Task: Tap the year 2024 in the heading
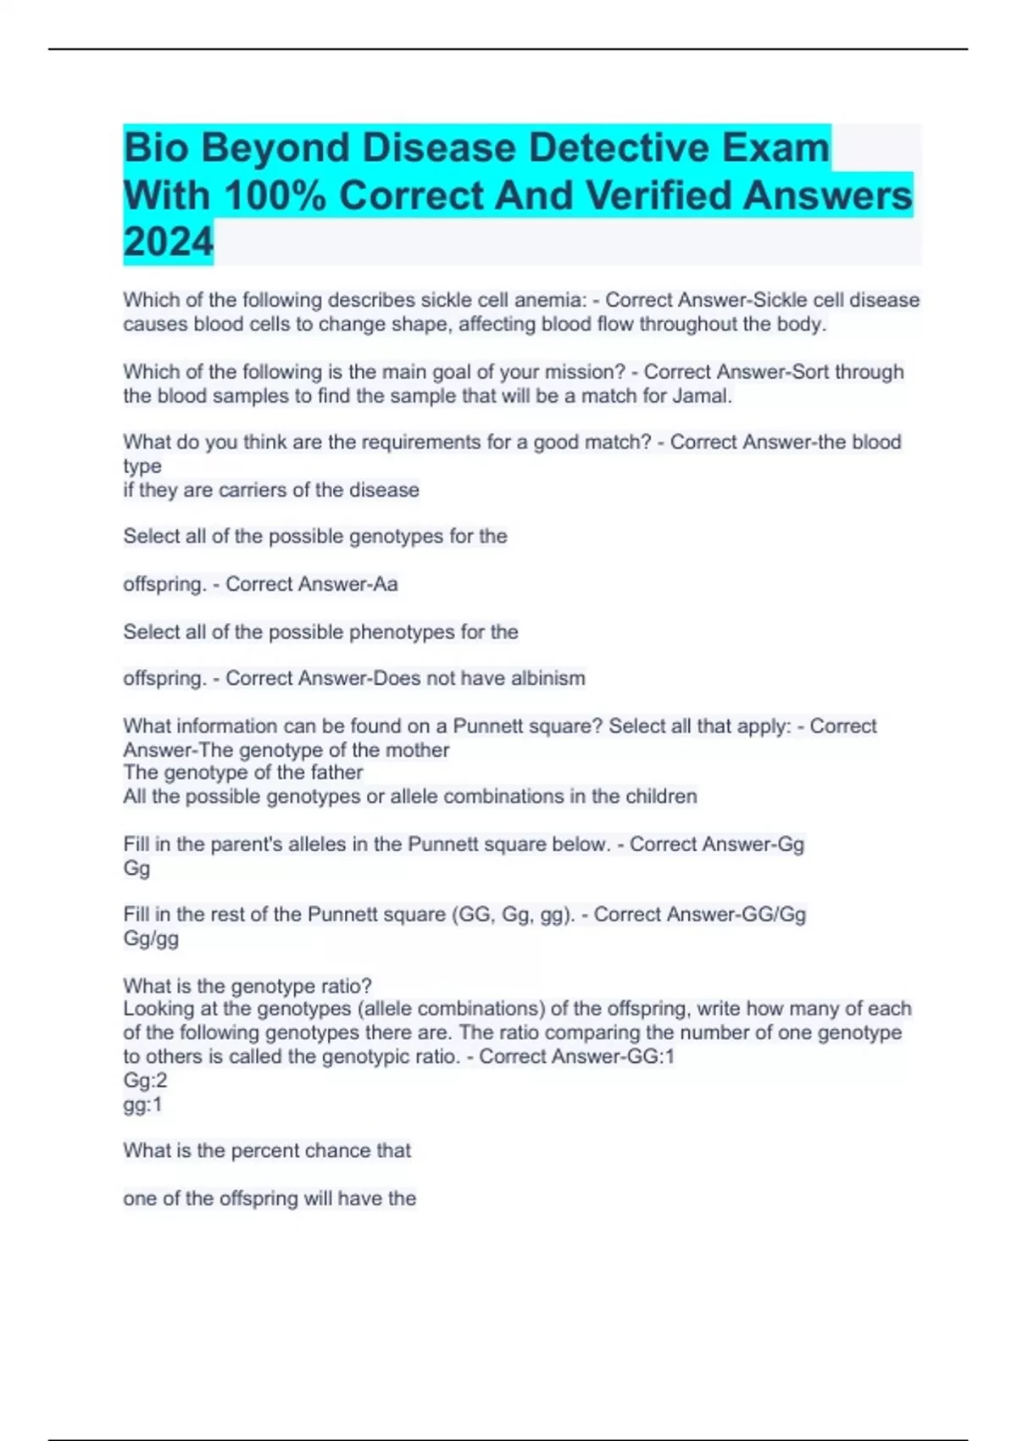pyautogui.click(x=168, y=242)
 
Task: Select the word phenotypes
pyautogui.click(x=402, y=632)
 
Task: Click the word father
pyautogui.click(x=333, y=772)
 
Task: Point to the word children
pyautogui.click(x=661, y=797)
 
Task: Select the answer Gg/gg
pyautogui.click(x=151, y=938)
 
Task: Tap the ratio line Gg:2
pyautogui.click(x=145, y=1080)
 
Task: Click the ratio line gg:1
pyautogui.click(x=142, y=1104)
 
